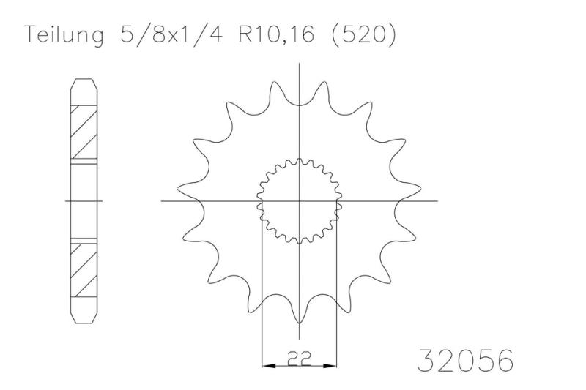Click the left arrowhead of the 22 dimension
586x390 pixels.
coord(267,364)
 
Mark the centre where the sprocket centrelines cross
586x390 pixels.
coord(300,200)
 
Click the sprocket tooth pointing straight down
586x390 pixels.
coord(300,318)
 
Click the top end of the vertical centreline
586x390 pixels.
coord(300,66)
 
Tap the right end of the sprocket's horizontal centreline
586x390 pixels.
coord(437,200)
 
